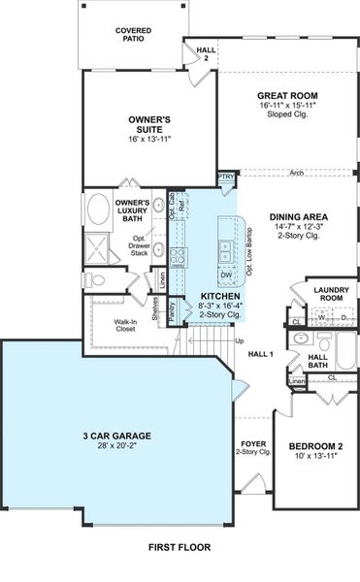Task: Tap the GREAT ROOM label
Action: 287,96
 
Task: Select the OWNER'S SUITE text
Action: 149,124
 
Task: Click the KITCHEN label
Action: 220,295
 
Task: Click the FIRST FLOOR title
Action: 180,548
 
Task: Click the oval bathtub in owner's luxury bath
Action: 100,210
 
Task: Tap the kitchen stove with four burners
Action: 179,257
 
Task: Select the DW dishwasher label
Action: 225,275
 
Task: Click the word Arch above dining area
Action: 297,175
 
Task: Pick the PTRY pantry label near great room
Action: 226,178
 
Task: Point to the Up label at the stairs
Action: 240,341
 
